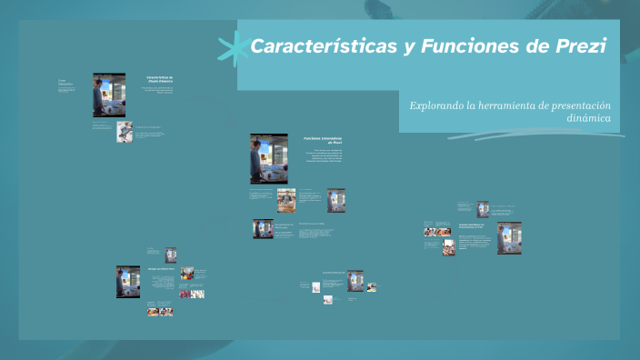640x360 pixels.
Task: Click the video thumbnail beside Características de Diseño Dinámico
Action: (103, 95)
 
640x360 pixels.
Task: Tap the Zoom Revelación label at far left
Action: (65, 82)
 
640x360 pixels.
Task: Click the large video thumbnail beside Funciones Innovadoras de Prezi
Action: (269, 158)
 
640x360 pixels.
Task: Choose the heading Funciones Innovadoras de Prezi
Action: (324, 141)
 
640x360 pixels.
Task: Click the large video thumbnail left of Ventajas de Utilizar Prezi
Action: (128, 282)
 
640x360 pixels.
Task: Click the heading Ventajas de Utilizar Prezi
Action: (162, 270)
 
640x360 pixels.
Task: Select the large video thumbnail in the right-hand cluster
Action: (509, 237)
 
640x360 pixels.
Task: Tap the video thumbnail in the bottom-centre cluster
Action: (355, 280)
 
